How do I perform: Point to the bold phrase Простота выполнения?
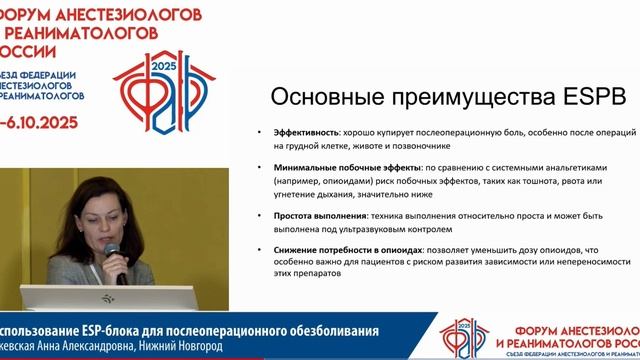coord(314,215)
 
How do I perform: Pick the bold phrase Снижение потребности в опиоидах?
coord(339,250)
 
